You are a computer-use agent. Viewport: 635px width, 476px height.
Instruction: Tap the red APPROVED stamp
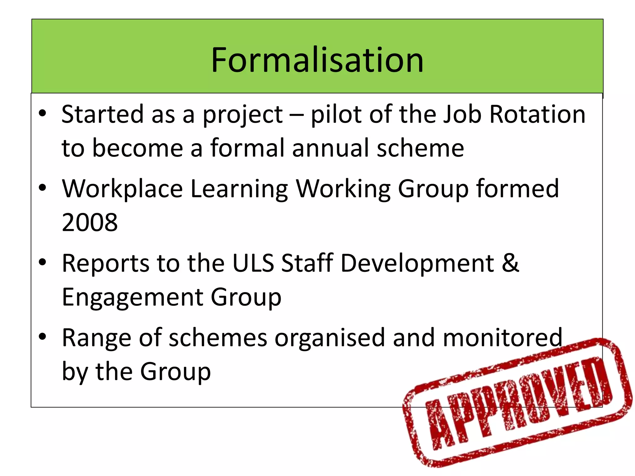tap(517, 403)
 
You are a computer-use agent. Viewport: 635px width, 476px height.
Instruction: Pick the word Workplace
tap(122, 189)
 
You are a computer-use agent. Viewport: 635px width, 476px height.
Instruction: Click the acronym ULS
tap(253, 263)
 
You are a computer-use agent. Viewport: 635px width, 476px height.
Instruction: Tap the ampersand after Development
tap(510, 263)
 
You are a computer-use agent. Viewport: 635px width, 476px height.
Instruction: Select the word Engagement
tap(132, 297)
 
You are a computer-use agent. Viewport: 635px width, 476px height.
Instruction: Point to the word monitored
tap(502, 337)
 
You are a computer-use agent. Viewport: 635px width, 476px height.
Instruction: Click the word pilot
tap(336, 114)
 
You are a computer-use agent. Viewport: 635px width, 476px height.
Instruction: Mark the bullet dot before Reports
tap(42, 262)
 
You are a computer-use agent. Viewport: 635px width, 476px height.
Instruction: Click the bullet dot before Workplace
tap(42, 188)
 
